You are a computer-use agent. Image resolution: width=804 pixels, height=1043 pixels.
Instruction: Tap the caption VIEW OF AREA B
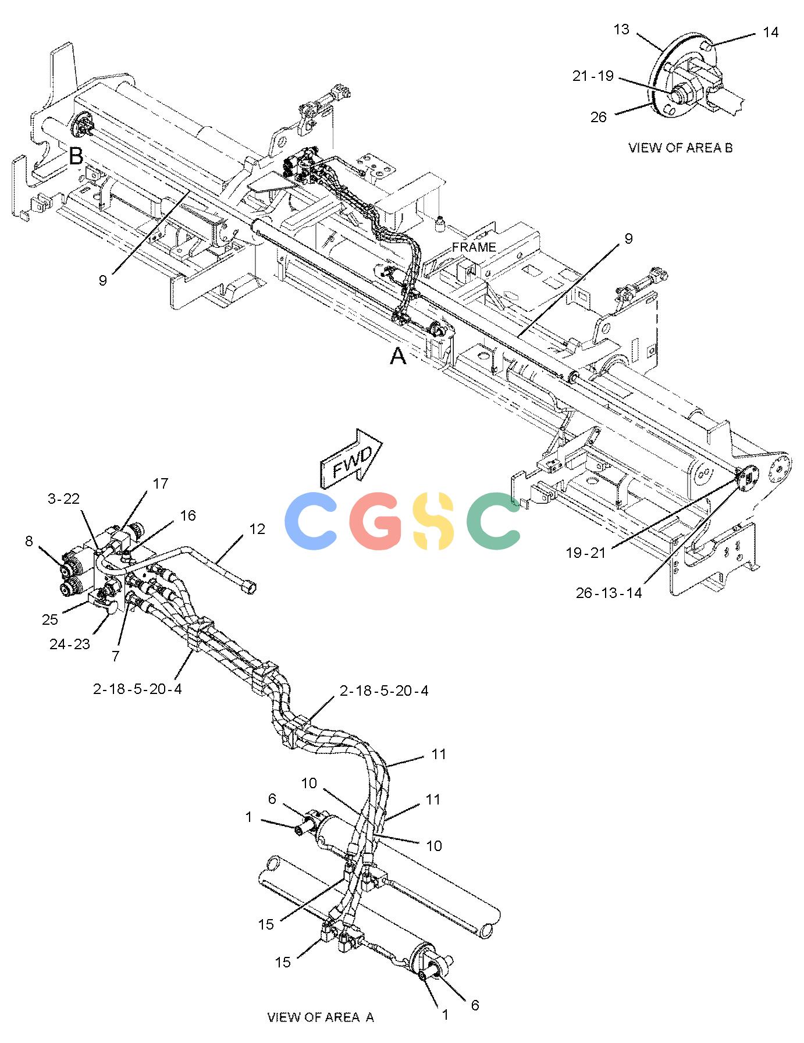pos(680,148)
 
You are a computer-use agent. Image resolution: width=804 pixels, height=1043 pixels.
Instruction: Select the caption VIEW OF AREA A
pos(321,1017)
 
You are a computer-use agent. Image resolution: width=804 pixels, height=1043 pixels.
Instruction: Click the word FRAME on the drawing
pos(474,247)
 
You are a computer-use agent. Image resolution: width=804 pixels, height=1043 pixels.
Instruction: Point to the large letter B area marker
pos(76,156)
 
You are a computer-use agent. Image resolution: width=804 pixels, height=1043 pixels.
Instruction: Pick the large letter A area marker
pos(397,355)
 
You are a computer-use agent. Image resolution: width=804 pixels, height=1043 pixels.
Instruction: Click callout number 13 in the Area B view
pos(621,30)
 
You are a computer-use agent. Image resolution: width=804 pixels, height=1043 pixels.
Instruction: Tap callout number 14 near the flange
pos(770,33)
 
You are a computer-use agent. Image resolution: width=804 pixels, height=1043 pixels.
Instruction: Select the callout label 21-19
pos(593,76)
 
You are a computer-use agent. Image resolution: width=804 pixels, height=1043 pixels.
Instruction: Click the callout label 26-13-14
pos(609,593)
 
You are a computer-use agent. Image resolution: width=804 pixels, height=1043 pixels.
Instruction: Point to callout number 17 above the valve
pos(161,483)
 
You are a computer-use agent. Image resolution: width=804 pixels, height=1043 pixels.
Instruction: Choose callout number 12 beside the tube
pos(257,529)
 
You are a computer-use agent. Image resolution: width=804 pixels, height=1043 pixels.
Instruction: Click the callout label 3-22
pos(63,499)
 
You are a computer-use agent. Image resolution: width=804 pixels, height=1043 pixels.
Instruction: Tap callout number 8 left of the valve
pos(29,542)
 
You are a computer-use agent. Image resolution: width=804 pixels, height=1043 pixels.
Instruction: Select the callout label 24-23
pos(70,644)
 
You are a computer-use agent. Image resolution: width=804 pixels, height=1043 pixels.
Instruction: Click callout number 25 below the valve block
pos(50,620)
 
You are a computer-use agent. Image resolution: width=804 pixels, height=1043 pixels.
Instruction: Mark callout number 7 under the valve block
pos(115,656)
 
